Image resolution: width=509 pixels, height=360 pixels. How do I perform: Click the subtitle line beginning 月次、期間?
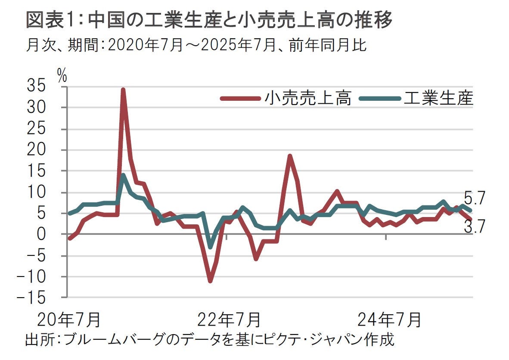coord(196,45)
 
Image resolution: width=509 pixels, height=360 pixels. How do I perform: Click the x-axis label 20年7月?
coord(68,320)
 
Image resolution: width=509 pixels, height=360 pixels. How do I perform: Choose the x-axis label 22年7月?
coord(229,320)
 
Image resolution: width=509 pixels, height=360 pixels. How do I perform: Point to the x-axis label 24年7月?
coord(389,320)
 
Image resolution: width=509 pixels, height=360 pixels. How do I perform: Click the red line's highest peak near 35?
coord(123,90)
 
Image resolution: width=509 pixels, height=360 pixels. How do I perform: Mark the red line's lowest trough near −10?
coord(210,281)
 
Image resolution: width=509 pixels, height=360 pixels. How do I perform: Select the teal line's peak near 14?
coord(123,175)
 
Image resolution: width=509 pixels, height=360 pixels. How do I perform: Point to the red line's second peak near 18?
coord(290,156)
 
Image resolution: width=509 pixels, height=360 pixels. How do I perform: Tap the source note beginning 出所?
coord(210,340)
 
